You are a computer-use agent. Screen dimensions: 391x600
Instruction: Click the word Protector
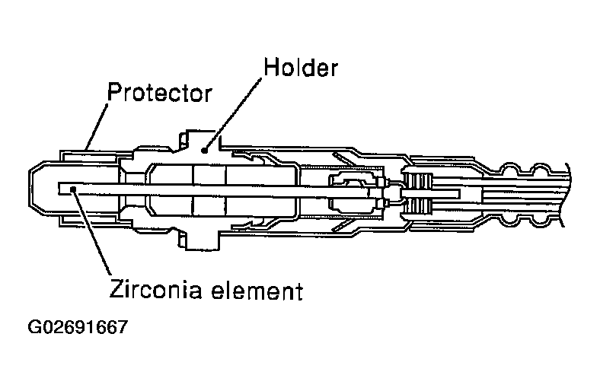tap(158, 94)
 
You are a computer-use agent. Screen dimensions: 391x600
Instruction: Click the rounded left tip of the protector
tap(31, 186)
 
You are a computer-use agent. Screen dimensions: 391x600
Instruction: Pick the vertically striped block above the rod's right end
tap(420, 182)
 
